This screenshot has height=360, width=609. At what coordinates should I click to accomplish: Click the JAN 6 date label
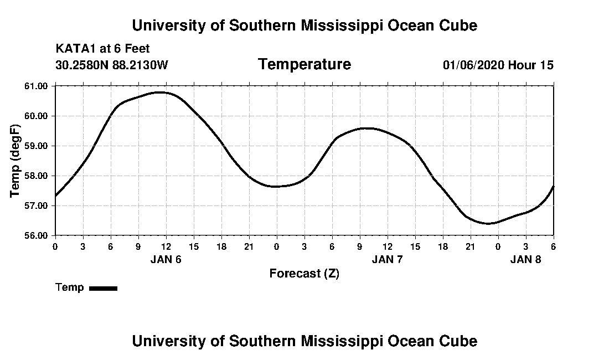166,259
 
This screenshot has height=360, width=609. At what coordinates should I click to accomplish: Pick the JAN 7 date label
387,259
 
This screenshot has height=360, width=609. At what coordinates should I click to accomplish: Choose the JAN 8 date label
525,259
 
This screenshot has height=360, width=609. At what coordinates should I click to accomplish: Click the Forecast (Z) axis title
304,274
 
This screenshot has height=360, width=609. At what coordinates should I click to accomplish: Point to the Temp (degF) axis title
16,161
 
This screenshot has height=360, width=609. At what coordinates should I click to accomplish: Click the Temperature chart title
304,64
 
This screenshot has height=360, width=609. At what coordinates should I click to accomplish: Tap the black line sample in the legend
103,288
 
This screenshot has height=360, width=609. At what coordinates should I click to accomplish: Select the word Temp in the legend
70,287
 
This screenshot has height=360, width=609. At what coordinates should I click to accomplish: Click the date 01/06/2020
473,65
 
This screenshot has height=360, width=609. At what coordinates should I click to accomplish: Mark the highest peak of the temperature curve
159,92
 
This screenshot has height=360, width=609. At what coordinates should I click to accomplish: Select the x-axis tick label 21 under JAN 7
470,246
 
